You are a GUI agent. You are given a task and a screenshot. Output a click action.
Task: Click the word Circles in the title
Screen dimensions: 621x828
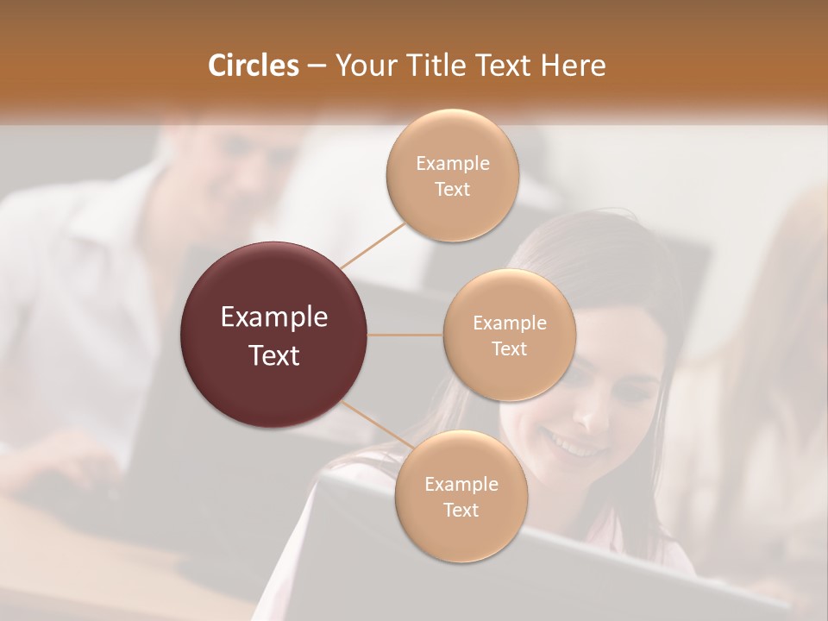click(254, 66)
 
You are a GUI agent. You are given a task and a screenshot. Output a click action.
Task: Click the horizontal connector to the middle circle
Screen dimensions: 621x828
click(405, 335)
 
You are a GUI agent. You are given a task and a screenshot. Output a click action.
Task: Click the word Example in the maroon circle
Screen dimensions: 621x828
click(273, 317)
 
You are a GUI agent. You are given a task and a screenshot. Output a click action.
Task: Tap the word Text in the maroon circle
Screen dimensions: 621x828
click(273, 355)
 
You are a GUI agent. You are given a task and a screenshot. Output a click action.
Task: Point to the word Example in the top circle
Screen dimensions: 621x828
click(452, 164)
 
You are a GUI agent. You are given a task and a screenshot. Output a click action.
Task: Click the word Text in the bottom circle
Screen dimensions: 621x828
click(461, 510)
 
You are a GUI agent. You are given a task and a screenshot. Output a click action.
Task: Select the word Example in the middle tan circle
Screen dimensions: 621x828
click(509, 323)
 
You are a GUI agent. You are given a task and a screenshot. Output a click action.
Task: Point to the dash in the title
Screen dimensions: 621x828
click(317, 66)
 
